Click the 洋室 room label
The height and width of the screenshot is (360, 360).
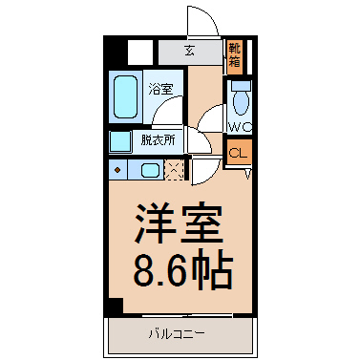coord(179,222)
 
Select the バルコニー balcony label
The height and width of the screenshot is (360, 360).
coord(177,334)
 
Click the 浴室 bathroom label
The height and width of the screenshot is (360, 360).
coord(160,89)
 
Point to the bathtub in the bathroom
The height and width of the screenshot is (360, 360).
coord(125,96)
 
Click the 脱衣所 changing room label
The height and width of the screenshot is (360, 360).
coord(158,140)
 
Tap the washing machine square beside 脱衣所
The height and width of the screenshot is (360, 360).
coord(120,141)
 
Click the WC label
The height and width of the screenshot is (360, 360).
coord(241,127)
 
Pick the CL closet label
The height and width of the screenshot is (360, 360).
coord(238,154)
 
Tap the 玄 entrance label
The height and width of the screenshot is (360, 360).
coord(190,51)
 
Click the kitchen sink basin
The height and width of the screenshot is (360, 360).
coord(150,170)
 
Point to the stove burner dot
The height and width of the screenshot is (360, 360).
coord(117,170)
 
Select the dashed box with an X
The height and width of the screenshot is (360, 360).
coord(175,170)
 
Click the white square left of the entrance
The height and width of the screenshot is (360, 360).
coord(140,52)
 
